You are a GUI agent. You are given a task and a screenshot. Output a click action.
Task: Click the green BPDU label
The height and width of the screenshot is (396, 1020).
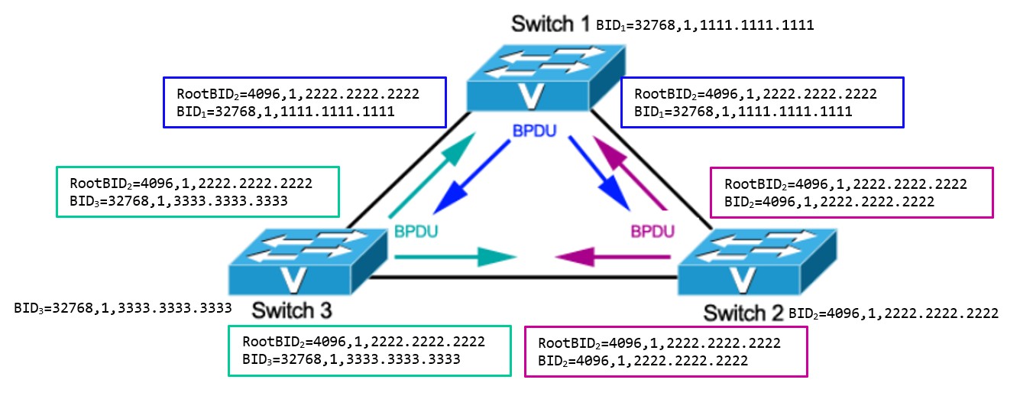click(417, 230)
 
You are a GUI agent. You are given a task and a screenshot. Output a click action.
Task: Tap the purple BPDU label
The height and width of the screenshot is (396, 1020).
click(652, 230)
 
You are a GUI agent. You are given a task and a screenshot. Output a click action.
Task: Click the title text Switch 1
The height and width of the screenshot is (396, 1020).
click(549, 24)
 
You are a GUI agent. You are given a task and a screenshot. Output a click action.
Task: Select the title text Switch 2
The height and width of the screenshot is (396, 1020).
click(743, 313)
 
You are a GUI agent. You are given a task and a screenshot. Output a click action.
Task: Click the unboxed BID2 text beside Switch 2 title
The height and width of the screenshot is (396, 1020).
click(893, 313)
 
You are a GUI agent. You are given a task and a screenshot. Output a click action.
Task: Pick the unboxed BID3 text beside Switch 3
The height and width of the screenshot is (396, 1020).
click(123, 309)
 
